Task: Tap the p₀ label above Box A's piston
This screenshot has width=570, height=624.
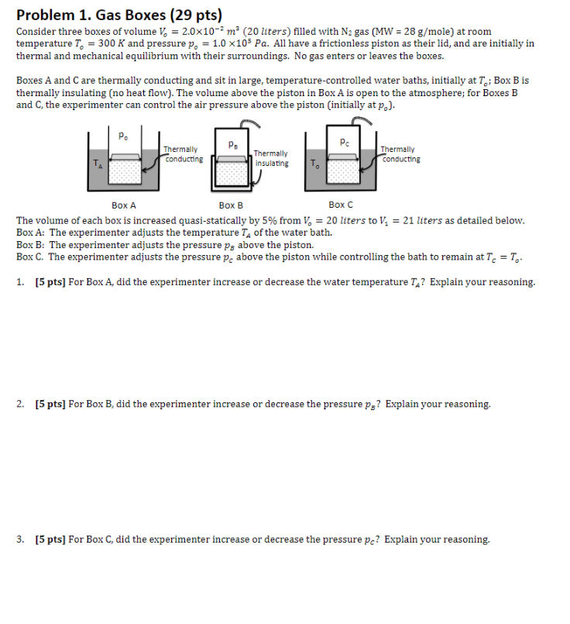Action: tap(123, 136)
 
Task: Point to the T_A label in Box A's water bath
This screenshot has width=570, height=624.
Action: tap(97, 163)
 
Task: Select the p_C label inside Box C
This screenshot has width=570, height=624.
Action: tap(344, 142)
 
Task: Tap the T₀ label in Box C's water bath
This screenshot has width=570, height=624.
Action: tap(314, 163)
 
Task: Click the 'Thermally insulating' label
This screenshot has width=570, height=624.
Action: tap(272, 159)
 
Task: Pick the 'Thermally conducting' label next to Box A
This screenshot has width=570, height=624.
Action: tap(184, 153)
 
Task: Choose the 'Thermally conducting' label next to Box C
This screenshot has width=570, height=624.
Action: tap(400, 153)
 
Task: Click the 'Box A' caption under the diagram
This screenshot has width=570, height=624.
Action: tap(123, 205)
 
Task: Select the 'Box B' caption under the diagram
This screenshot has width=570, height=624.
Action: tap(231, 205)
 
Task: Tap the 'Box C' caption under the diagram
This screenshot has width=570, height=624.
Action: tap(340, 205)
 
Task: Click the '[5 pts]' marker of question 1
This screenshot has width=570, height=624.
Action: tap(50, 282)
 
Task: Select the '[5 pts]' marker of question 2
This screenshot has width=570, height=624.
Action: tap(50, 404)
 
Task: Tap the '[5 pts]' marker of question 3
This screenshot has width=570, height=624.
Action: tap(50, 539)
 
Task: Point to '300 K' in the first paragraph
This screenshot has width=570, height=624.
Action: tap(84, 44)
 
